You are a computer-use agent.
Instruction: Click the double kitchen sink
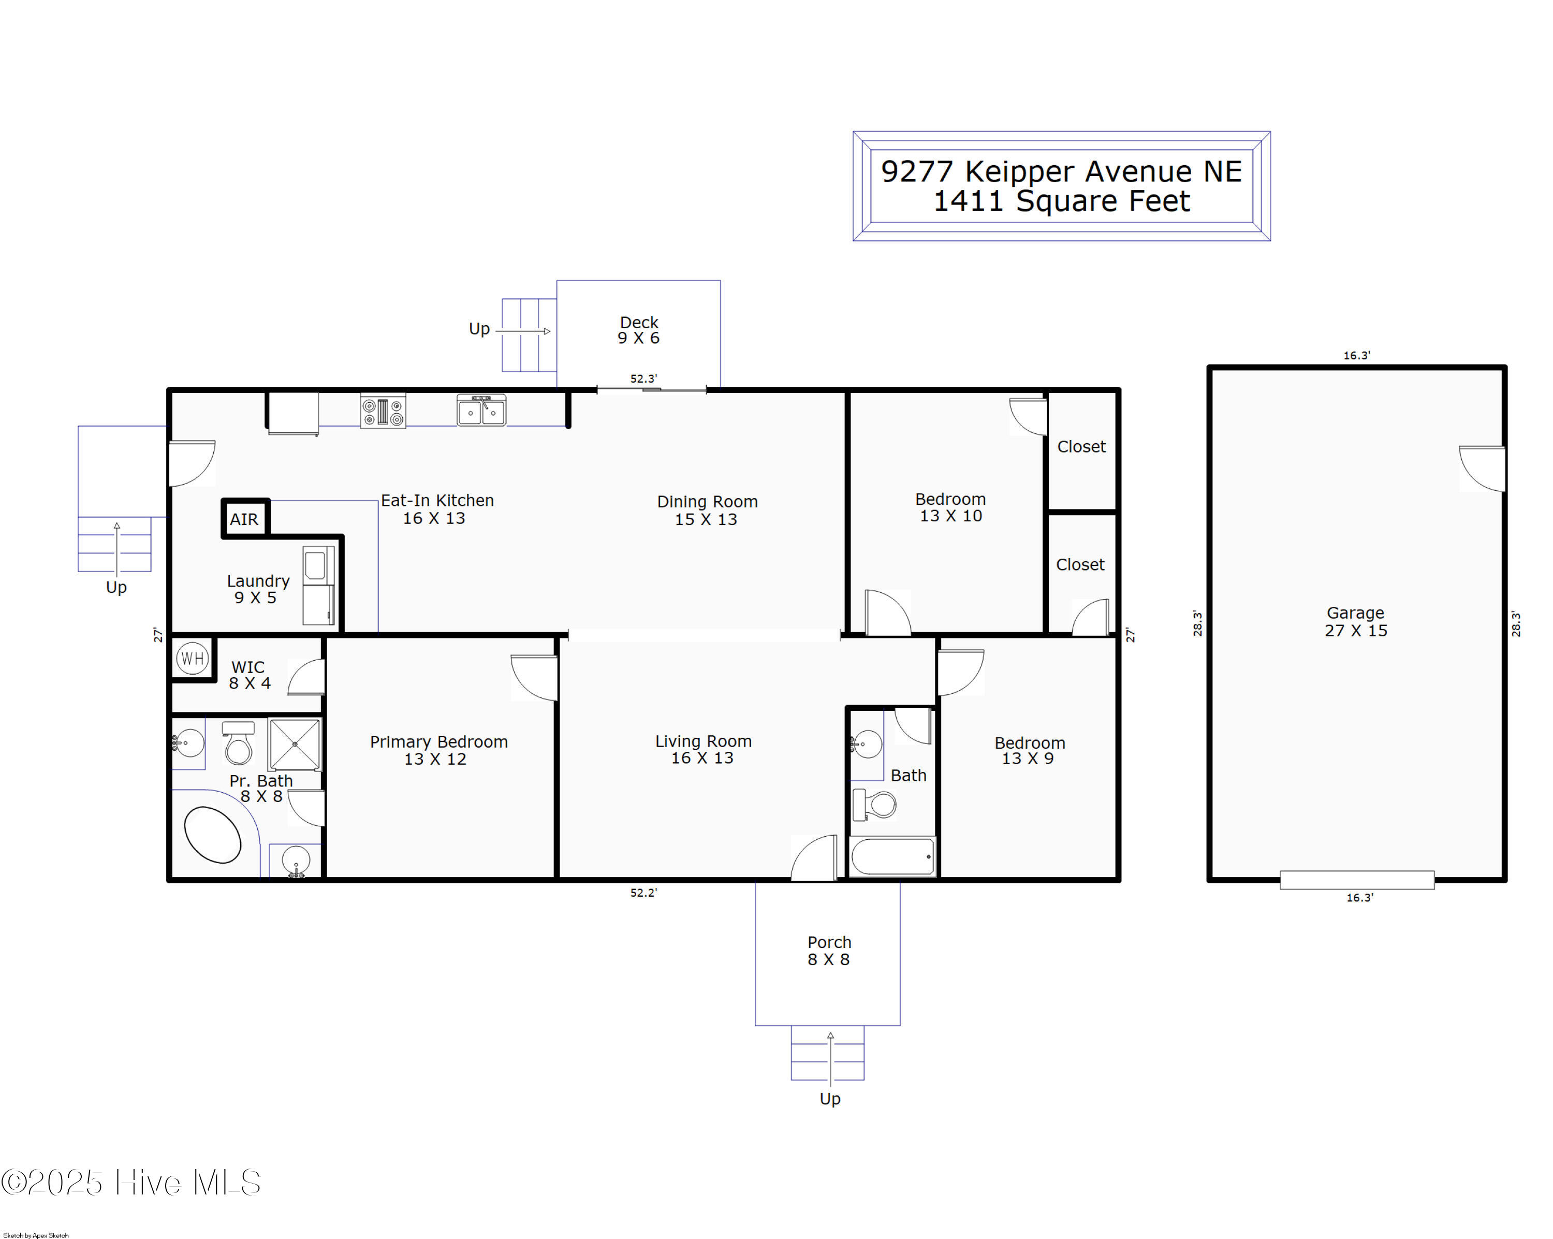point(481,411)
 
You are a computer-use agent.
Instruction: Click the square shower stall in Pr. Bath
point(294,744)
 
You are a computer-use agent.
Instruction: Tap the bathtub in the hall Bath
point(892,856)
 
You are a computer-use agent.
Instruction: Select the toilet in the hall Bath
point(874,805)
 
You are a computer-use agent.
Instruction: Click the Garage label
point(1356,613)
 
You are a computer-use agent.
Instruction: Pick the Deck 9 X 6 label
point(639,330)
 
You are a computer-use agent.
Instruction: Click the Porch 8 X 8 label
point(829,951)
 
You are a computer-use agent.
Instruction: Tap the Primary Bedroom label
point(438,742)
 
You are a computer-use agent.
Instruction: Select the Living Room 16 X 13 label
point(703,749)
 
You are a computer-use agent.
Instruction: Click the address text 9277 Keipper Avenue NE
point(1062,171)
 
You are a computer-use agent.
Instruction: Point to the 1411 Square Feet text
point(1062,201)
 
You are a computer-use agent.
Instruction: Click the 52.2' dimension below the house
point(643,893)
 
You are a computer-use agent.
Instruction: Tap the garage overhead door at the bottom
point(1357,880)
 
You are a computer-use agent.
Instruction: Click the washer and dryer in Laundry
point(318,586)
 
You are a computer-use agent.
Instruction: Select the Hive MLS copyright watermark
point(130,1182)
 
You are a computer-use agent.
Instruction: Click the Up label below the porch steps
point(830,1099)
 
